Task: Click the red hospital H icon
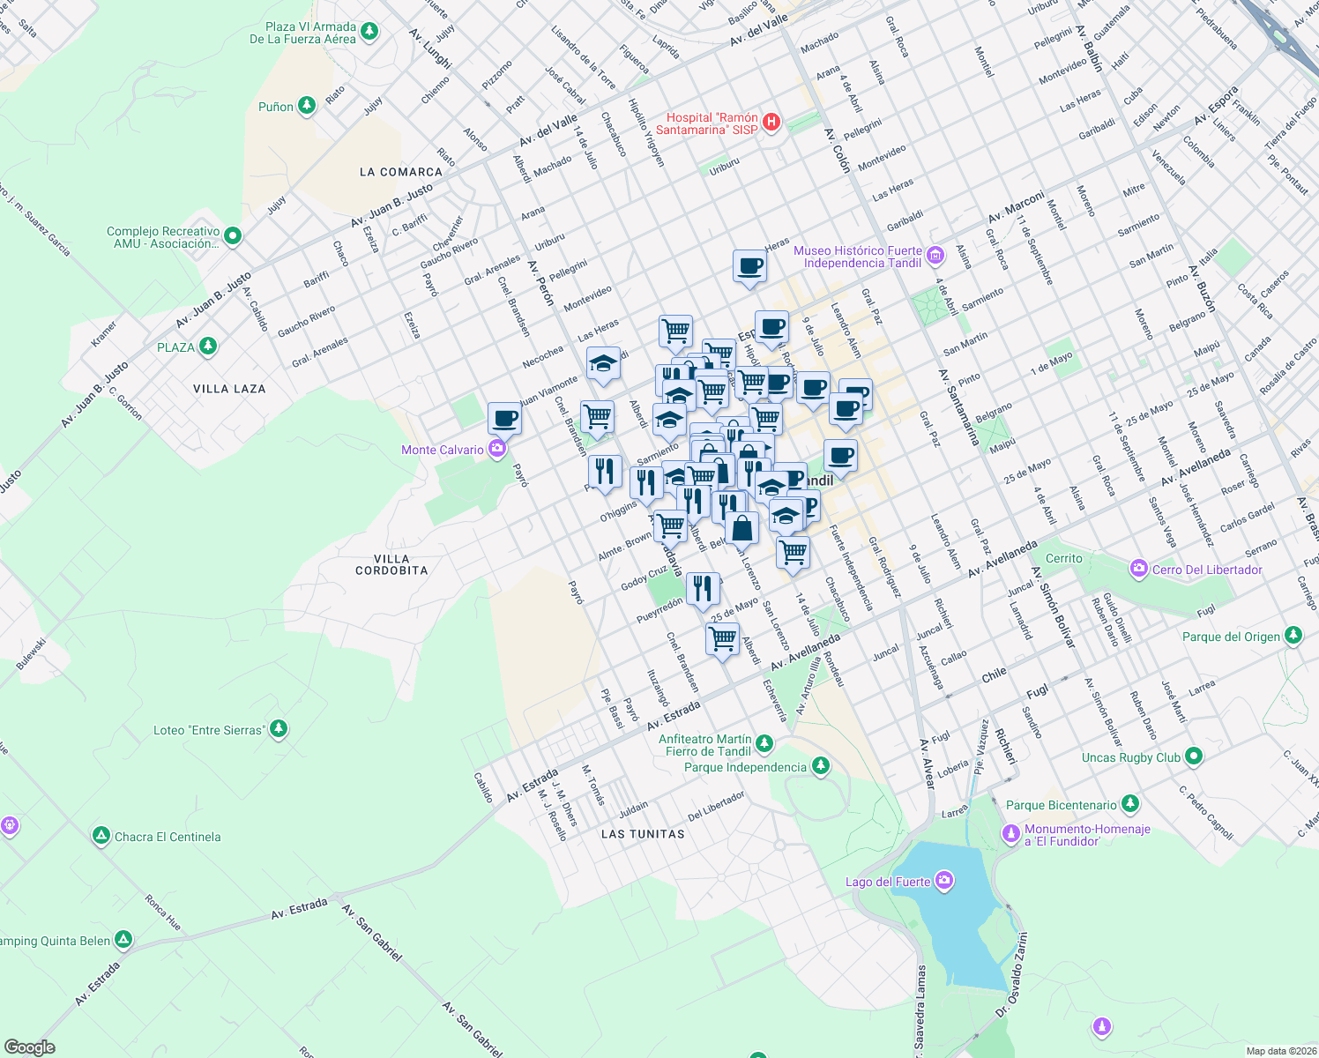(x=771, y=123)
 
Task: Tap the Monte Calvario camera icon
(x=497, y=450)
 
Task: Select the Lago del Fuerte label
(x=888, y=882)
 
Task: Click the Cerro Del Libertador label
(x=1207, y=570)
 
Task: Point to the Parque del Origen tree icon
(x=1293, y=636)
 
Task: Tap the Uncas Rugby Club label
(x=1130, y=757)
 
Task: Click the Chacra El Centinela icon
(x=101, y=836)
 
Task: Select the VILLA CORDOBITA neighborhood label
(x=391, y=564)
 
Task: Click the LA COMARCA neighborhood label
(x=401, y=172)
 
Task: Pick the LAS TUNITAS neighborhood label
(x=643, y=833)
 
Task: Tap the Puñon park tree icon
(x=307, y=106)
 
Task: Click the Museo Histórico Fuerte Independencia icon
(x=935, y=257)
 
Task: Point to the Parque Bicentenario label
(x=1062, y=805)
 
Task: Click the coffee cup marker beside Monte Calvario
(x=504, y=418)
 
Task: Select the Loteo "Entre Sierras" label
(x=208, y=730)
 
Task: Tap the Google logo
(x=30, y=1047)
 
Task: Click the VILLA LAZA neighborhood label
(x=229, y=388)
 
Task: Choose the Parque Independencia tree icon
(x=821, y=766)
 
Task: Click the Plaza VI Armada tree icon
(x=369, y=33)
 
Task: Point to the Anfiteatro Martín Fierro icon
(x=764, y=745)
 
